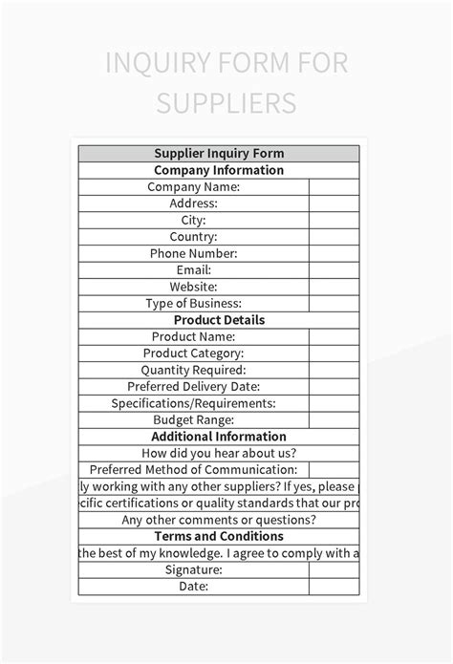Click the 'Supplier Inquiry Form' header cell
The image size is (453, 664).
coord(219,154)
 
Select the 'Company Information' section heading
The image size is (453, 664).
coord(219,171)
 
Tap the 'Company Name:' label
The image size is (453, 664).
coord(193,187)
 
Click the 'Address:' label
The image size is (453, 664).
coord(193,203)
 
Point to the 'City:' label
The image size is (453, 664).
coord(193,221)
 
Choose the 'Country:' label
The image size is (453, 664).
coord(193,237)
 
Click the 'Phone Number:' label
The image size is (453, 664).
coord(193,254)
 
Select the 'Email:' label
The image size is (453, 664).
coord(193,270)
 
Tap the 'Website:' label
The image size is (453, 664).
coord(193,287)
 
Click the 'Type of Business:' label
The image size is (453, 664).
coord(193,304)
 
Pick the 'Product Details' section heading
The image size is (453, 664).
coord(219,320)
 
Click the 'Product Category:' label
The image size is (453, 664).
coord(193,353)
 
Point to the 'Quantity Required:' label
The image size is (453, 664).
coord(193,370)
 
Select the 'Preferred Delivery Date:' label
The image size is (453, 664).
coord(193,387)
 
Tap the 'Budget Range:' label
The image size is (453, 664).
coord(193,420)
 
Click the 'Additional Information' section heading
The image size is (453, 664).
coord(219,437)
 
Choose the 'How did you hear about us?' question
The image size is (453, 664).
coord(219,454)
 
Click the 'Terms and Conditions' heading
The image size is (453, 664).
coord(219,537)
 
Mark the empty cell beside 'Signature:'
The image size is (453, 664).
coord(334,570)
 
